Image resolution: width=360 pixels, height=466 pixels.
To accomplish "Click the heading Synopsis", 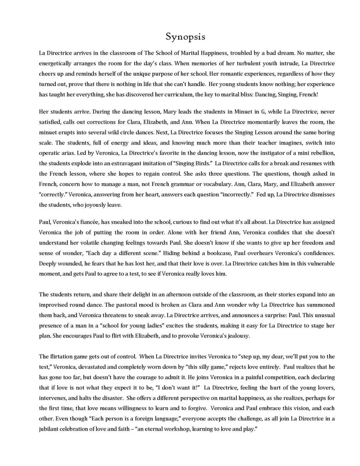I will click(x=185, y=37).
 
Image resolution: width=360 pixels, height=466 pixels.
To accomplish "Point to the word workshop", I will click(x=176, y=429).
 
